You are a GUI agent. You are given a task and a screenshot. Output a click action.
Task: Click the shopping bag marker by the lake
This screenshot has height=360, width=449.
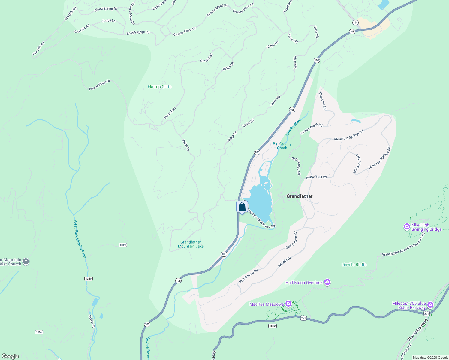tap(242, 207)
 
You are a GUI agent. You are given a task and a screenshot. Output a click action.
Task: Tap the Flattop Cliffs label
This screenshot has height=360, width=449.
tap(159, 87)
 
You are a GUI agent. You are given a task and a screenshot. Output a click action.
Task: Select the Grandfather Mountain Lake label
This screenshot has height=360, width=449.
tap(191, 244)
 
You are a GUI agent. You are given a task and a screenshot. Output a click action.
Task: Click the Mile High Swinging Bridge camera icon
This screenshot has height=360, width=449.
tap(407, 227)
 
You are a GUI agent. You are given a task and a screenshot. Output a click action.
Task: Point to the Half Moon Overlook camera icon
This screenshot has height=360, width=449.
tap(327, 282)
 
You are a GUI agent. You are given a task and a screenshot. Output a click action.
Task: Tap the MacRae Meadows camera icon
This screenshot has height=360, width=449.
tap(288, 304)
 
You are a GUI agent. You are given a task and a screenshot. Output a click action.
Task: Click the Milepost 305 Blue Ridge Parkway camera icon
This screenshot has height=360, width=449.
tap(430, 305)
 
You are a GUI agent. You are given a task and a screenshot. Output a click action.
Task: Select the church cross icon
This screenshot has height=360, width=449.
tap(26, 262)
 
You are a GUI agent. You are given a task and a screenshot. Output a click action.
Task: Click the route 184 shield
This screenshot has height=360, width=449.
tap(355, 22)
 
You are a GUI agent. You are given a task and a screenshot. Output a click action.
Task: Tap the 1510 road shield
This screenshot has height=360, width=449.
tap(272, 326)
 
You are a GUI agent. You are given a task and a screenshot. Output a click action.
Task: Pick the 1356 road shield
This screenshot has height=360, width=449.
tap(39, 332)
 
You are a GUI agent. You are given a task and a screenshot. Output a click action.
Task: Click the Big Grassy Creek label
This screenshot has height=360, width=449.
tap(282, 146)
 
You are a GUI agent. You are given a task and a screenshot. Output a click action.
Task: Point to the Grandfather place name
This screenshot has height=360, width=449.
tap(299, 196)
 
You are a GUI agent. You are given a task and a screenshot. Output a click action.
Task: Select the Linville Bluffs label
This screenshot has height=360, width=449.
tap(354, 265)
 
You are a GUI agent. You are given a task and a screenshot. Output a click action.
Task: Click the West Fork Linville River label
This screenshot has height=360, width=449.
tap(80, 239)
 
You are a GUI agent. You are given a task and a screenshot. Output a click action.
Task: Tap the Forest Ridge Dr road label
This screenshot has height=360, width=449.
tap(100, 85)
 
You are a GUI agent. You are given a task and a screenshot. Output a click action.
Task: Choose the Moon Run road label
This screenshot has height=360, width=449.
tap(170, 113)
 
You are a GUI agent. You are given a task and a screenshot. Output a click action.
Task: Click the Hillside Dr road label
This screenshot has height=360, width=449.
tap(285, 262)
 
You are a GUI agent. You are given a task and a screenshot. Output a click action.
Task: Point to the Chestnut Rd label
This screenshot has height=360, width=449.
tap(322, 100)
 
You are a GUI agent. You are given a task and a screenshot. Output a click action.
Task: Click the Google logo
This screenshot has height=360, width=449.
tap(10, 356)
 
